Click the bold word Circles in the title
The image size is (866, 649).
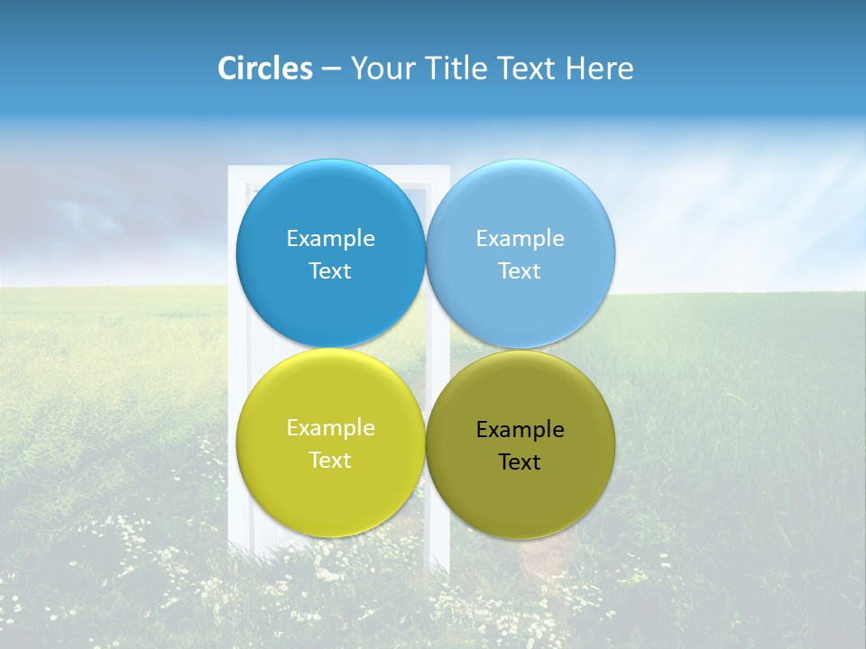[x=265, y=69]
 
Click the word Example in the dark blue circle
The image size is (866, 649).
[x=330, y=239]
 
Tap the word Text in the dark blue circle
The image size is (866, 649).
[x=330, y=271]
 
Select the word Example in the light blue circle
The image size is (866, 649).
[x=520, y=239]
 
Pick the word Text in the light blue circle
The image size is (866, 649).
[x=520, y=271]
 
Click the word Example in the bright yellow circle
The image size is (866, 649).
[x=330, y=428]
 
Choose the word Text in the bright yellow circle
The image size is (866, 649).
[x=330, y=461]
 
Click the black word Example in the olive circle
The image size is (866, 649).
[x=520, y=430]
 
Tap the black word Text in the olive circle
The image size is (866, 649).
[x=520, y=462]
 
